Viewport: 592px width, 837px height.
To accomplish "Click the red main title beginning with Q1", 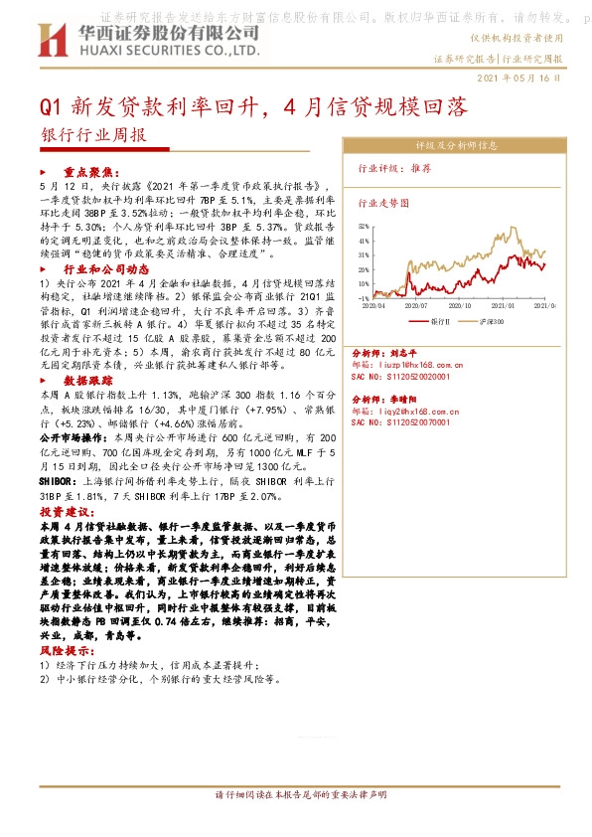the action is (253, 105).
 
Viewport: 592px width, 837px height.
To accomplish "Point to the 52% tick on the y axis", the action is (364, 226).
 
